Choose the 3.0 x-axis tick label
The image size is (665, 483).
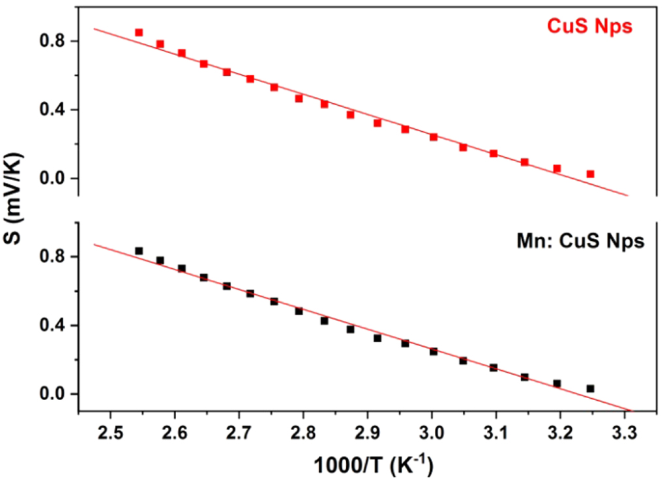431,433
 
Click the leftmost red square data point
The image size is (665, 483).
139,32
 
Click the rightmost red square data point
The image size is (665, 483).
590,174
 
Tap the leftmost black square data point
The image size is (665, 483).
139,251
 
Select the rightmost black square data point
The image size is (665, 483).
590,388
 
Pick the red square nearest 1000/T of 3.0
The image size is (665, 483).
434,137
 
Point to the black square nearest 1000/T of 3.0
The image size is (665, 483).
434,351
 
